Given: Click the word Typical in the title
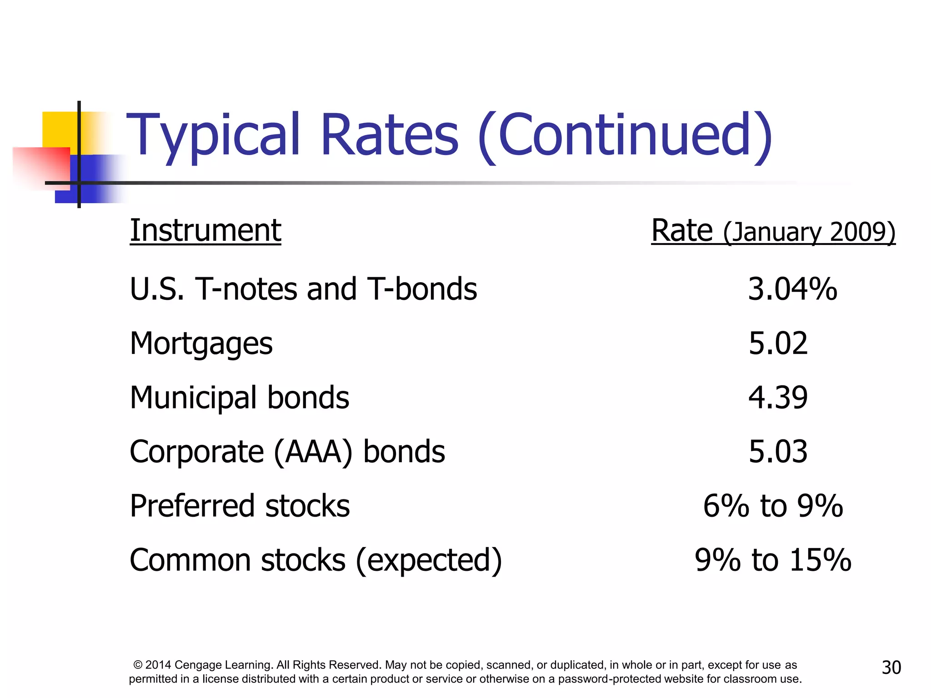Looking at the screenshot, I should tap(213, 135).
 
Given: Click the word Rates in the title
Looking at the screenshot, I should tap(390, 135).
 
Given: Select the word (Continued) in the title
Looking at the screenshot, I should tap(625, 135).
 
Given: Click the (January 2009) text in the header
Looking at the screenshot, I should tap(809, 233).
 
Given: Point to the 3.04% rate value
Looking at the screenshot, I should tap(792, 289).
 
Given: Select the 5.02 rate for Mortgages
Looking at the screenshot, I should tap(778, 344).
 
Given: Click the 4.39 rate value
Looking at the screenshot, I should tap(778, 398).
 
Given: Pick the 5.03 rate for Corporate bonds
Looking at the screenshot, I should tap(778, 452).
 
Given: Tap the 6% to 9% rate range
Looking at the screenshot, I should tap(773, 506).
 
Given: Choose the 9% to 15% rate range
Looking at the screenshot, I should tap(773, 560).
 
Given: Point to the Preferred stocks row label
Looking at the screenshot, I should tap(240, 506).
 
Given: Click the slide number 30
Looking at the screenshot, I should tap(891, 668).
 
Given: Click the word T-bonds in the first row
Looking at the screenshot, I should tap(422, 289).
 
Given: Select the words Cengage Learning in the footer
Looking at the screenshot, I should tap(224, 665).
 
